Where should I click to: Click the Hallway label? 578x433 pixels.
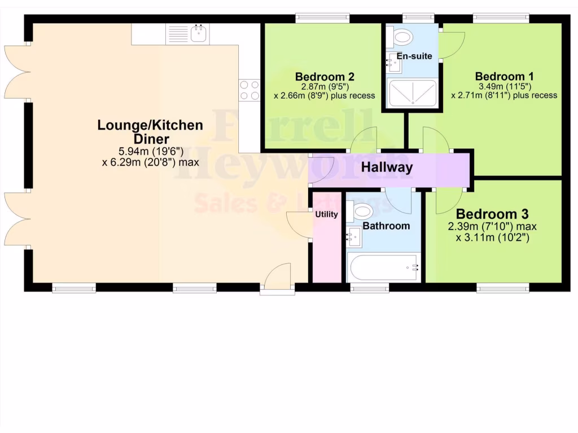click(x=387, y=167)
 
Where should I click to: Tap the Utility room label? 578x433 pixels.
click(x=326, y=214)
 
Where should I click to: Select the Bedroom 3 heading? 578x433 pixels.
click(x=492, y=214)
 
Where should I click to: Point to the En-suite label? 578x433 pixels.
click(x=414, y=56)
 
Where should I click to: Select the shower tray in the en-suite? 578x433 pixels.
click(x=413, y=92)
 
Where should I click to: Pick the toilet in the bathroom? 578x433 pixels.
click(x=361, y=213)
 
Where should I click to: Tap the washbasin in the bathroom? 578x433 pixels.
click(x=354, y=236)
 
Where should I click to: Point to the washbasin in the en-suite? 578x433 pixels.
click(x=395, y=63)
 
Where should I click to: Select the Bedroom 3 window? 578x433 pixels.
click(x=502, y=288)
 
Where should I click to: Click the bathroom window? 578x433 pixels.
click(x=369, y=288)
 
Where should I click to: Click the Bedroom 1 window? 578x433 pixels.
click(x=501, y=18)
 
